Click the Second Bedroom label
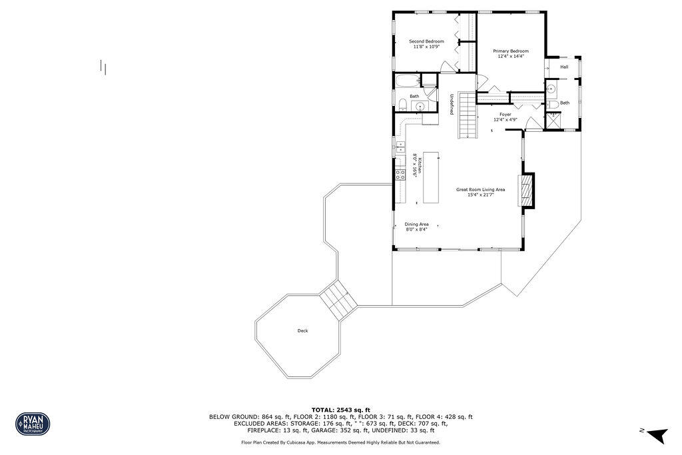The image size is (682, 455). coord(426,41)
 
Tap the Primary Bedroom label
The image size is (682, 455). coord(511,51)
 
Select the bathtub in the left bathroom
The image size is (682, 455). coord(407,82)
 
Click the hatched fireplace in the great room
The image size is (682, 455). coord(527,191)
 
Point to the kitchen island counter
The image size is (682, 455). coord(432,177)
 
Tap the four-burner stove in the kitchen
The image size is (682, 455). coord(401,175)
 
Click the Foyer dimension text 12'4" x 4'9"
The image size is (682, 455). coord(506,119)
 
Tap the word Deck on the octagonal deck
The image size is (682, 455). coord(302,330)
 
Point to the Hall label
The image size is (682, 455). coord(564,67)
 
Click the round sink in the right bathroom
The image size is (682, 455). coord(551,89)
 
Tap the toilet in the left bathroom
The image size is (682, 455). coord(403,104)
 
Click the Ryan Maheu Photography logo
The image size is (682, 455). coord(33,423)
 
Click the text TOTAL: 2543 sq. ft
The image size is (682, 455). coord(340,409)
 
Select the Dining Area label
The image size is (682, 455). coord(416,225)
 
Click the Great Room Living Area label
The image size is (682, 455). coord(480,190)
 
